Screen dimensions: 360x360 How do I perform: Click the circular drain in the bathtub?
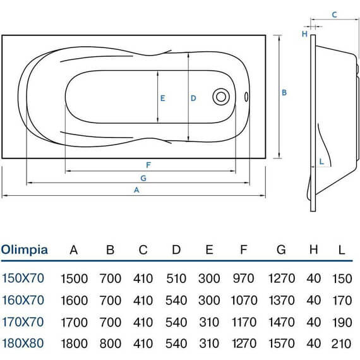pyautogui.click(x=221, y=97)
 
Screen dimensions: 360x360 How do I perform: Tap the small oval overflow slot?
pyautogui.click(x=246, y=97)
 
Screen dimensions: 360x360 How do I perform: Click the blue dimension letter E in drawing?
pyautogui.click(x=162, y=99)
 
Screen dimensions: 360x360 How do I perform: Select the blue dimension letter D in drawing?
pyautogui.click(x=193, y=99)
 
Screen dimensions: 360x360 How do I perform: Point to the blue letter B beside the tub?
pyautogui.click(x=284, y=92)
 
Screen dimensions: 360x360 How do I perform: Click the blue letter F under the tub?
pyautogui.click(x=148, y=165)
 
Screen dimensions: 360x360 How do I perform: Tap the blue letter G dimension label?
pyautogui.click(x=143, y=178)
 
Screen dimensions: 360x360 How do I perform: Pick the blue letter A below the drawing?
pyautogui.click(x=136, y=190)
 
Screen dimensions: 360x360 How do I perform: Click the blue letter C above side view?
pyautogui.click(x=334, y=15)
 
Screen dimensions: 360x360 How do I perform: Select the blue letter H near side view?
pyautogui.click(x=304, y=34)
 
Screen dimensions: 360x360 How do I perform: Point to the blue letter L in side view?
pyautogui.click(x=321, y=162)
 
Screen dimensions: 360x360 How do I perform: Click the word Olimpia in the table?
pyautogui.click(x=25, y=250)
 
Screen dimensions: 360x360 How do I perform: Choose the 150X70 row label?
pyautogui.click(x=23, y=278)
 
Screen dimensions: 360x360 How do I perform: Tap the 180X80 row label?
pyautogui.click(x=23, y=343)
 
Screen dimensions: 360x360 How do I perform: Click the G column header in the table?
pyautogui.click(x=281, y=249)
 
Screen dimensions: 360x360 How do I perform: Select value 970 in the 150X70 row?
pyautogui.click(x=243, y=279)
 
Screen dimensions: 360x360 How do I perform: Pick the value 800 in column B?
pyautogui.click(x=111, y=344)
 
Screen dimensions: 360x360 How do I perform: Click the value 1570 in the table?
pyautogui.click(x=282, y=344)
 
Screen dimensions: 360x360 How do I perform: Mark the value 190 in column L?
pyautogui.click(x=342, y=322)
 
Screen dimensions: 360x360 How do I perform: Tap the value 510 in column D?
pyautogui.click(x=176, y=279)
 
